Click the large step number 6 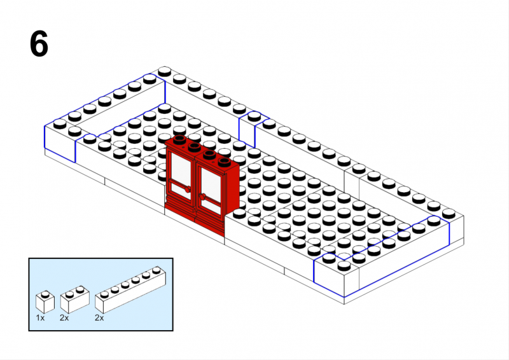[39, 44]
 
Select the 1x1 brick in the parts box [45, 302]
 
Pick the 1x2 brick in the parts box [74, 300]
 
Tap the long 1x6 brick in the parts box [130, 289]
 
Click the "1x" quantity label [40, 318]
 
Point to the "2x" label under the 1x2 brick [64, 318]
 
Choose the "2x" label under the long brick [99, 318]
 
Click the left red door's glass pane [181, 168]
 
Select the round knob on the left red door [187, 190]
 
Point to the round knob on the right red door [202, 197]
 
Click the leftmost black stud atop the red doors [179, 139]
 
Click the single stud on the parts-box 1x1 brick [45, 294]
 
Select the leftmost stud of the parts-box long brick [104, 294]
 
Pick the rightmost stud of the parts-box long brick [157, 270]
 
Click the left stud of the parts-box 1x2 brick [69, 294]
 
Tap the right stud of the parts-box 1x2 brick [80, 289]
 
